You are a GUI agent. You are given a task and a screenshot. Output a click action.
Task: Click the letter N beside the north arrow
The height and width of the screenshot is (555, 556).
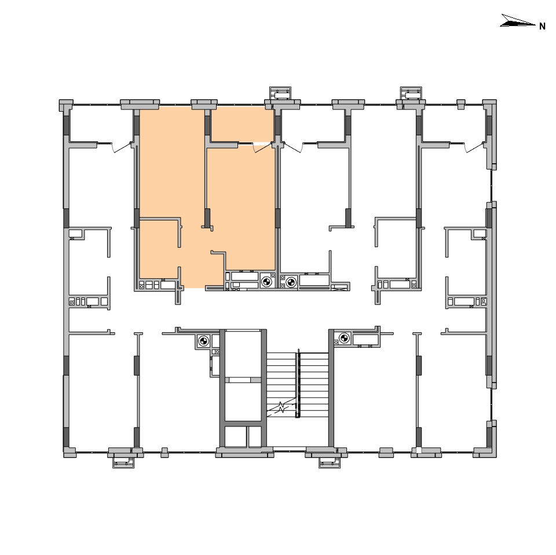click(x=542, y=26)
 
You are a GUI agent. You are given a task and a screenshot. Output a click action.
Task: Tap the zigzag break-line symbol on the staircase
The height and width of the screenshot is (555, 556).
click(x=282, y=407)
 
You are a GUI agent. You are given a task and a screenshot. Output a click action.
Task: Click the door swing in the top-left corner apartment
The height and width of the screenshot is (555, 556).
click(x=121, y=148)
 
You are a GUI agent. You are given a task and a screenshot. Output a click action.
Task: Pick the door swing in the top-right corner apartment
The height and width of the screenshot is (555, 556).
click(x=474, y=148)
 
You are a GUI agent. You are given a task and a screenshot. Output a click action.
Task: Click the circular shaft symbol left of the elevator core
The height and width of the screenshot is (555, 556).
click(x=203, y=341)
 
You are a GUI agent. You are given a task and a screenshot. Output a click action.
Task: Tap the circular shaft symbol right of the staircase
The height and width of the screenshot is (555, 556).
click(x=343, y=338)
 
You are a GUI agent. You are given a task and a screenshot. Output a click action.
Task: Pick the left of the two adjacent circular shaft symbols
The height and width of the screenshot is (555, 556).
click(x=266, y=282)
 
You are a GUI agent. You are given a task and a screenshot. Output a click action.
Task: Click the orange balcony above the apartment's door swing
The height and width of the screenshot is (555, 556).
click(x=242, y=126)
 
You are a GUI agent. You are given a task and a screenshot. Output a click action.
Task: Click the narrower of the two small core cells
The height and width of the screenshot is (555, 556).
click(x=255, y=436)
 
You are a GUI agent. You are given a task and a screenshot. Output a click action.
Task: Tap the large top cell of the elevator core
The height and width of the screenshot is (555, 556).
click(x=243, y=354)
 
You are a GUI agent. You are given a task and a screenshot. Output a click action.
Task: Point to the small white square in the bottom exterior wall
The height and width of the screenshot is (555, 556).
click(x=419, y=450)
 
